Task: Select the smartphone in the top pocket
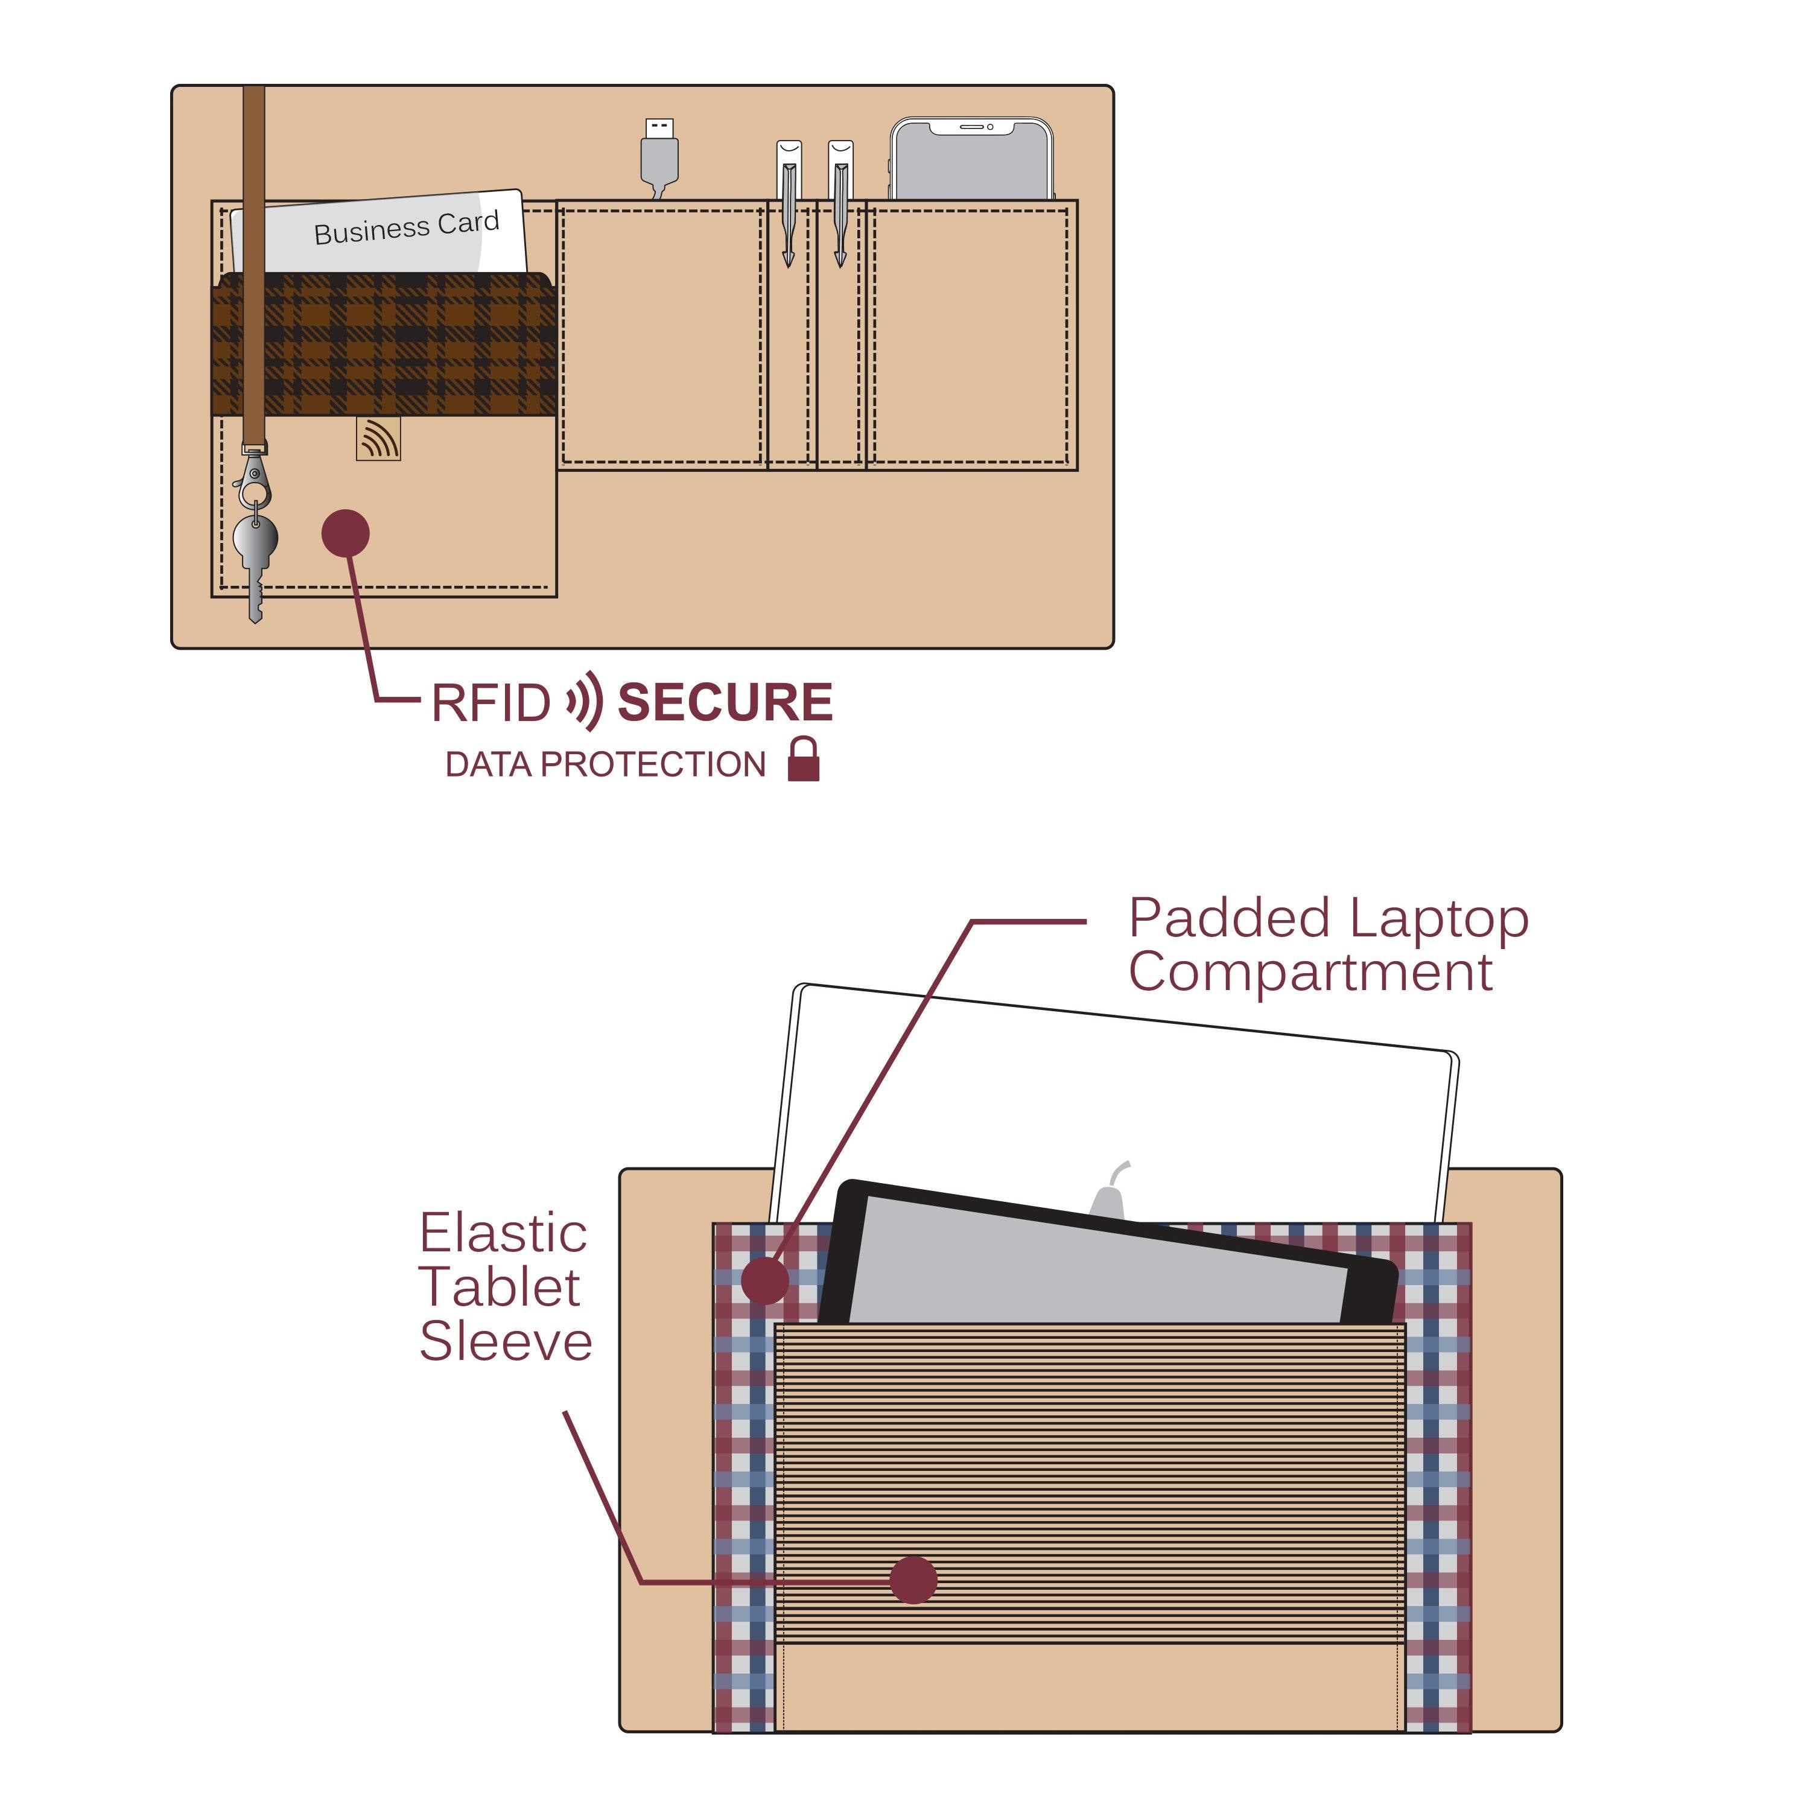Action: [x=971, y=160]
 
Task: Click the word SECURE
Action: [x=725, y=703]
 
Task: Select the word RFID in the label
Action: [x=490, y=703]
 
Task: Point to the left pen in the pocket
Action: [x=789, y=202]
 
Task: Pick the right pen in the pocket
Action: [x=840, y=202]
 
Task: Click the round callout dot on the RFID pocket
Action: [x=346, y=534]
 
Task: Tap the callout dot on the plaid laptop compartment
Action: [x=766, y=1280]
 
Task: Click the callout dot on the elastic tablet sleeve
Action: [x=912, y=1580]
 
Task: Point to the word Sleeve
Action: [x=506, y=1342]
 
